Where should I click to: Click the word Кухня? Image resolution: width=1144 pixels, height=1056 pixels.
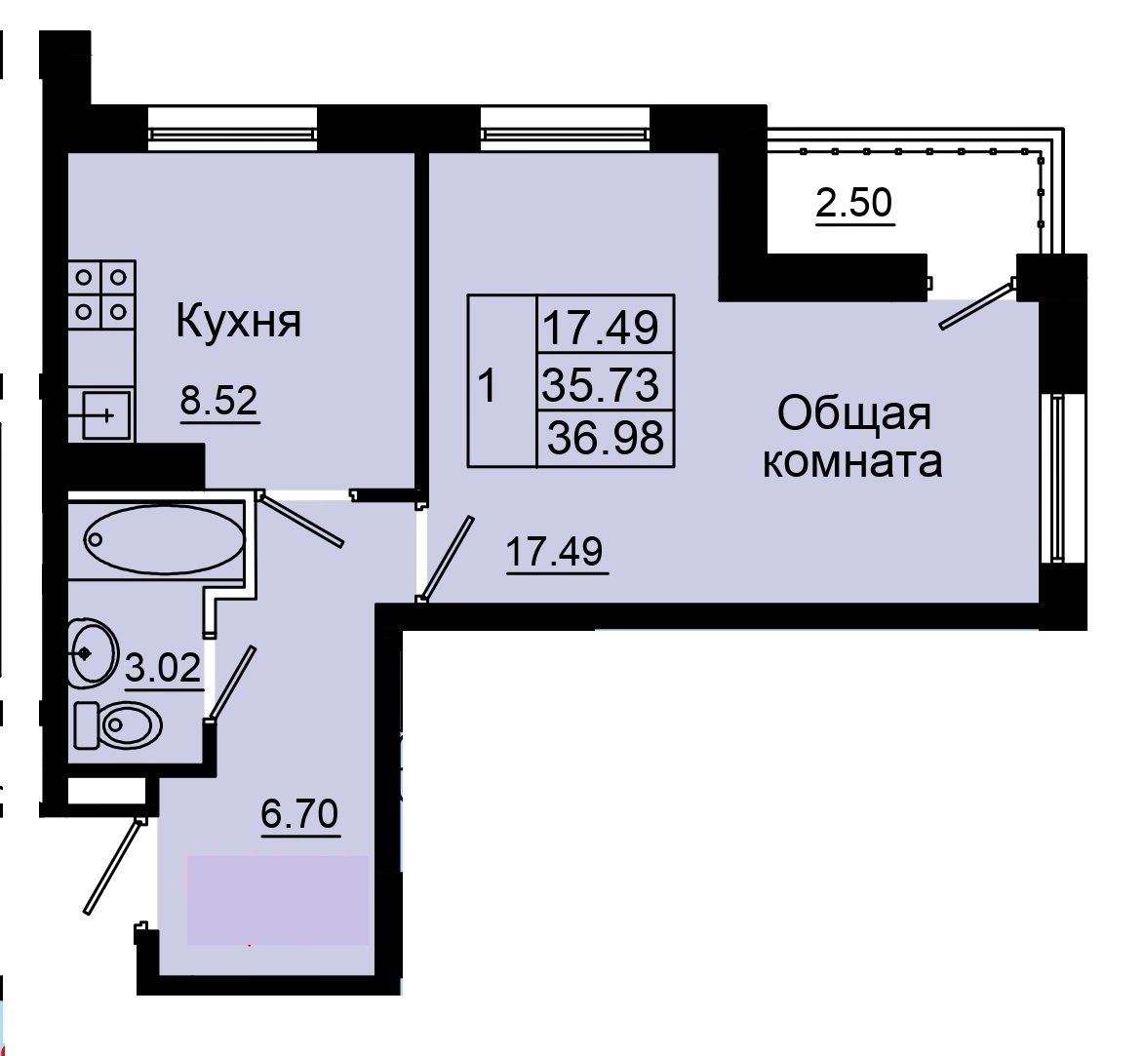point(239,321)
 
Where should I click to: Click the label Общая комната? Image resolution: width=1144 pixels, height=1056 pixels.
point(853,437)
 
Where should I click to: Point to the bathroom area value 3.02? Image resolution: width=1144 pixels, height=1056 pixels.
point(164,669)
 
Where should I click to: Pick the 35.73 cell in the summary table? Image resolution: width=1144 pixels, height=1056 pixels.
point(603,384)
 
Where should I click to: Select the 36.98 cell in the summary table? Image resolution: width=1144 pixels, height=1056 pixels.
point(606,438)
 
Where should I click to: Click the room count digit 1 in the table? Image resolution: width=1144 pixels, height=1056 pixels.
point(489,386)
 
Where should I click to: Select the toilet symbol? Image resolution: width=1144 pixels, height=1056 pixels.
point(119,724)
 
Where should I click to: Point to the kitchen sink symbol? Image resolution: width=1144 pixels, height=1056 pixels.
point(100,415)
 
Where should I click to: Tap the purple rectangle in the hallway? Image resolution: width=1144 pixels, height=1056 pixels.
point(277,899)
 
